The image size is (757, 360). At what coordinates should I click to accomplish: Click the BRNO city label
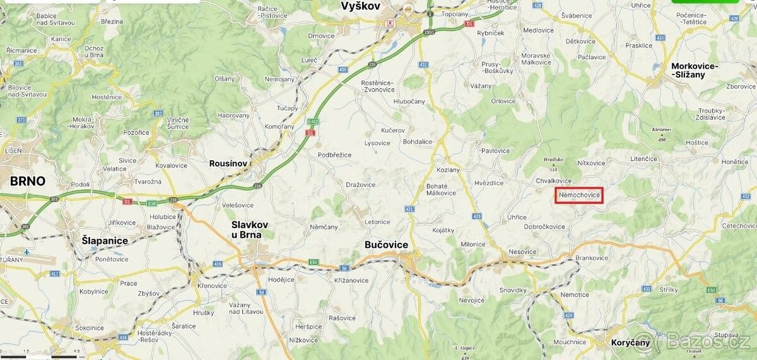[28, 182]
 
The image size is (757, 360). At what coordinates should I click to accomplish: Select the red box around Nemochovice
[579, 195]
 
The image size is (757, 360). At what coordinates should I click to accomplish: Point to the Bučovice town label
[386, 245]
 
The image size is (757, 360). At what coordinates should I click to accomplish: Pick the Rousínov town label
[228, 163]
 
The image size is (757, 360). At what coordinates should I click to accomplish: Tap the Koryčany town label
[630, 343]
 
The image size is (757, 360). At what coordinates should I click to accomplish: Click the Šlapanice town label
[105, 240]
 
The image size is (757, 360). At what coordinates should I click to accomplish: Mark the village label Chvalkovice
[553, 181]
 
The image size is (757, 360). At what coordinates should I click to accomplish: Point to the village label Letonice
[377, 222]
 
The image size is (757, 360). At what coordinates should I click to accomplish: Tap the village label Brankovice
[592, 258]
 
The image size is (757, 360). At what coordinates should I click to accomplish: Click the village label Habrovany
[233, 115]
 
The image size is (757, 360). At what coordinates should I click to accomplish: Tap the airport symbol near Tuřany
[26, 252]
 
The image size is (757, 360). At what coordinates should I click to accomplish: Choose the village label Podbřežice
[334, 155]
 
